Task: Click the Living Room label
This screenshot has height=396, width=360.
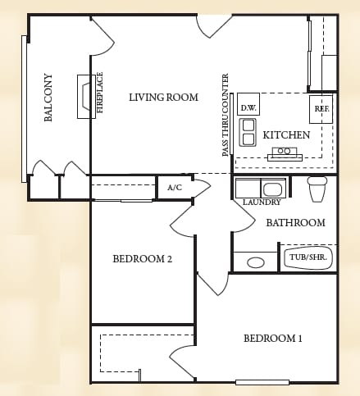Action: tap(163, 98)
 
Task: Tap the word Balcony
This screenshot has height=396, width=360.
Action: tap(48, 98)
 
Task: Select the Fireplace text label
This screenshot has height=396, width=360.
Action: tap(100, 93)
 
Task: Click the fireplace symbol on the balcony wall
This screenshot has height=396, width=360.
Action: tap(86, 97)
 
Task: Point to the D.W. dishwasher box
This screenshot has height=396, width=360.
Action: tap(248, 104)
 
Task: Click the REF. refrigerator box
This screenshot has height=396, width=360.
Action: tap(321, 109)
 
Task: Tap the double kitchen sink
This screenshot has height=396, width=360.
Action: tap(248, 132)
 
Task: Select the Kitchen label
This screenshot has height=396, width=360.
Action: tap(286, 135)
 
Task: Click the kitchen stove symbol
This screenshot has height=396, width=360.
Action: tap(285, 154)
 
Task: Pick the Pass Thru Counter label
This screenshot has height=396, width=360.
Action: tap(226, 115)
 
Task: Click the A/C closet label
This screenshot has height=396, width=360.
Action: tap(175, 188)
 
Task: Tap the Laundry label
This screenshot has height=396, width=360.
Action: tap(262, 203)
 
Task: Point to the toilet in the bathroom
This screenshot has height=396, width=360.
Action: tap(317, 189)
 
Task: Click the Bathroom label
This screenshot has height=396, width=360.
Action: tap(296, 223)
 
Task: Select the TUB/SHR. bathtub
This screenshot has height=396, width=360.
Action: tap(308, 258)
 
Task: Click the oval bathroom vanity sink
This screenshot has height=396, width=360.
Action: tap(256, 262)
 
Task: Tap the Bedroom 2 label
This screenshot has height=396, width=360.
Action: tap(143, 258)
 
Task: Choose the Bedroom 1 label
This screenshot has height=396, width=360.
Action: tap(273, 339)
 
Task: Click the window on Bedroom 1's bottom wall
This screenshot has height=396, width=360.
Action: tap(262, 382)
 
